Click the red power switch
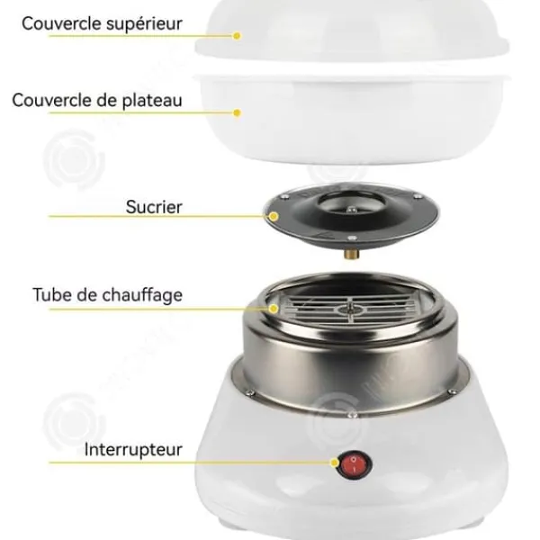pos(355,464)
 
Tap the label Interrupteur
pos(133,450)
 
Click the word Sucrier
pos(154,207)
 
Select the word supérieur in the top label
pos(144,24)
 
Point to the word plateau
pos(152,101)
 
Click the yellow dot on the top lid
pos(237,36)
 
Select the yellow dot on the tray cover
pos(237,112)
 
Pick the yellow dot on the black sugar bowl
pos(274,216)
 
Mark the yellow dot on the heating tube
pos(274,309)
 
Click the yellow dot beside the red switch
pos(335,463)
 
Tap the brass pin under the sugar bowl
pos(352,254)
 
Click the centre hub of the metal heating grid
pos(350,310)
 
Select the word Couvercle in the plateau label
pos(51,101)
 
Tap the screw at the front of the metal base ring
pos(352,415)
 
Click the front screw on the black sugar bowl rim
pos(352,238)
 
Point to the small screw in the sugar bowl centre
pos(351,210)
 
